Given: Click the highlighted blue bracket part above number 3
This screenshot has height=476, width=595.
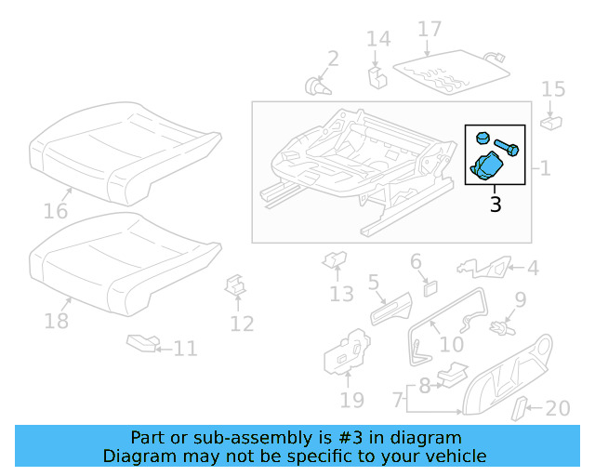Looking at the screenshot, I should [488, 168].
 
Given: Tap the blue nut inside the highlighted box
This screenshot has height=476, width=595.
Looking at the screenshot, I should [482, 138].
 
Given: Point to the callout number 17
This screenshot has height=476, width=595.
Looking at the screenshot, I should [429, 29].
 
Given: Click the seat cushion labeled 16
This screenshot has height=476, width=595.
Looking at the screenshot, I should [126, 153].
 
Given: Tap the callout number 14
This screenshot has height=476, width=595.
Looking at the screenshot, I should [377, 39].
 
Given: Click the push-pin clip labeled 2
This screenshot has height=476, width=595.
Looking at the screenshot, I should [319, 86].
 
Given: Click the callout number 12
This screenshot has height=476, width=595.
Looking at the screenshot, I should [242, 324].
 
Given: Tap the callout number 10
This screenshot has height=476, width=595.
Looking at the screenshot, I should [451, 344].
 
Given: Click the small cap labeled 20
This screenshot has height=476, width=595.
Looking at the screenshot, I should [523, 406].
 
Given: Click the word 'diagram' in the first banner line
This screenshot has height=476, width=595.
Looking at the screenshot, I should [426, 438].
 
